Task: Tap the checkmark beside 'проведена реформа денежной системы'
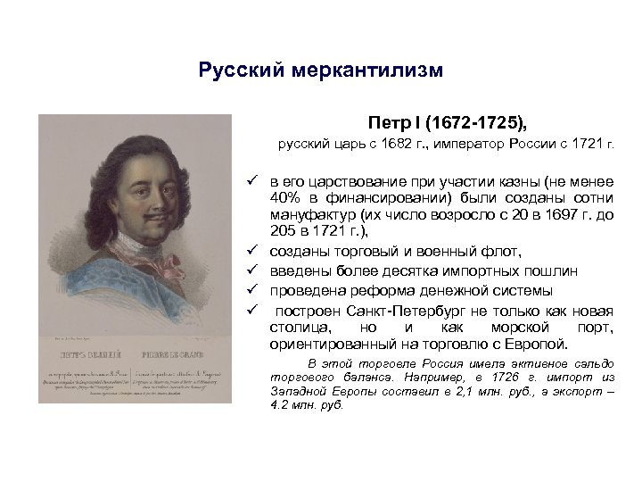point(253,290)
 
